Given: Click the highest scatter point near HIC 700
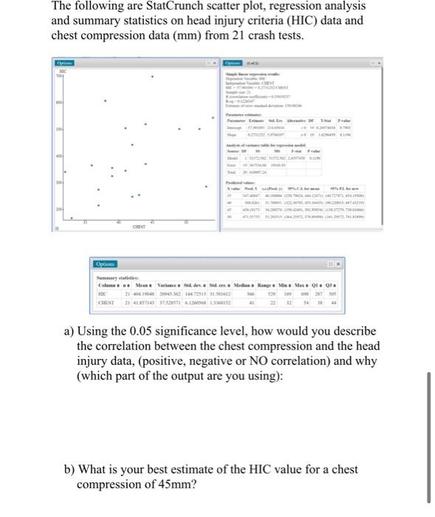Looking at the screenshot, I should (x=153, y=77).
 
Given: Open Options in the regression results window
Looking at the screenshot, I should (x=234, y=62).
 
